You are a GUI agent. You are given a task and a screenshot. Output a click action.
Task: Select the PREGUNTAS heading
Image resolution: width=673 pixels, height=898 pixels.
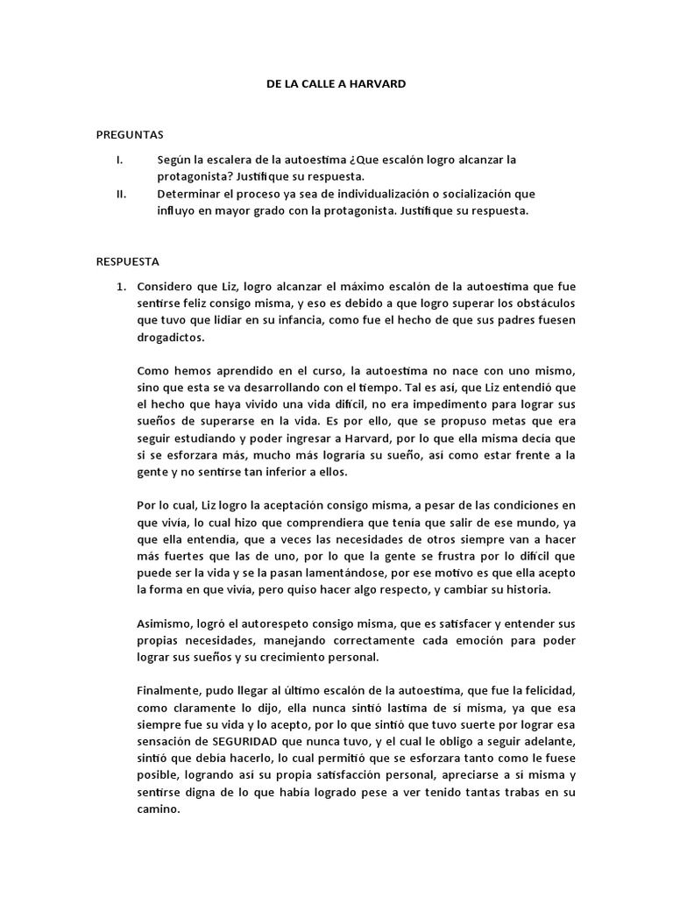[130, 134]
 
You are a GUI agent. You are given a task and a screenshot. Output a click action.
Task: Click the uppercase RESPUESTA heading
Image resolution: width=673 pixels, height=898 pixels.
[128, 261]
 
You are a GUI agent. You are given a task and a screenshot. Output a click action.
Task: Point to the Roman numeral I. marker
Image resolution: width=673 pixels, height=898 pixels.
[119, 160]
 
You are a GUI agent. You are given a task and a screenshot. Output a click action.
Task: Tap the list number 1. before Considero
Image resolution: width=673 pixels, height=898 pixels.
[124, 287]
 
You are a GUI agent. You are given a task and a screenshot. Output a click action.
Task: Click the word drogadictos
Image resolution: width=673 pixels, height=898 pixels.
[171, 337]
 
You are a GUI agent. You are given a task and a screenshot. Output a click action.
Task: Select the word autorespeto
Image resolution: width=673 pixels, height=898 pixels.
[270, 624]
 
